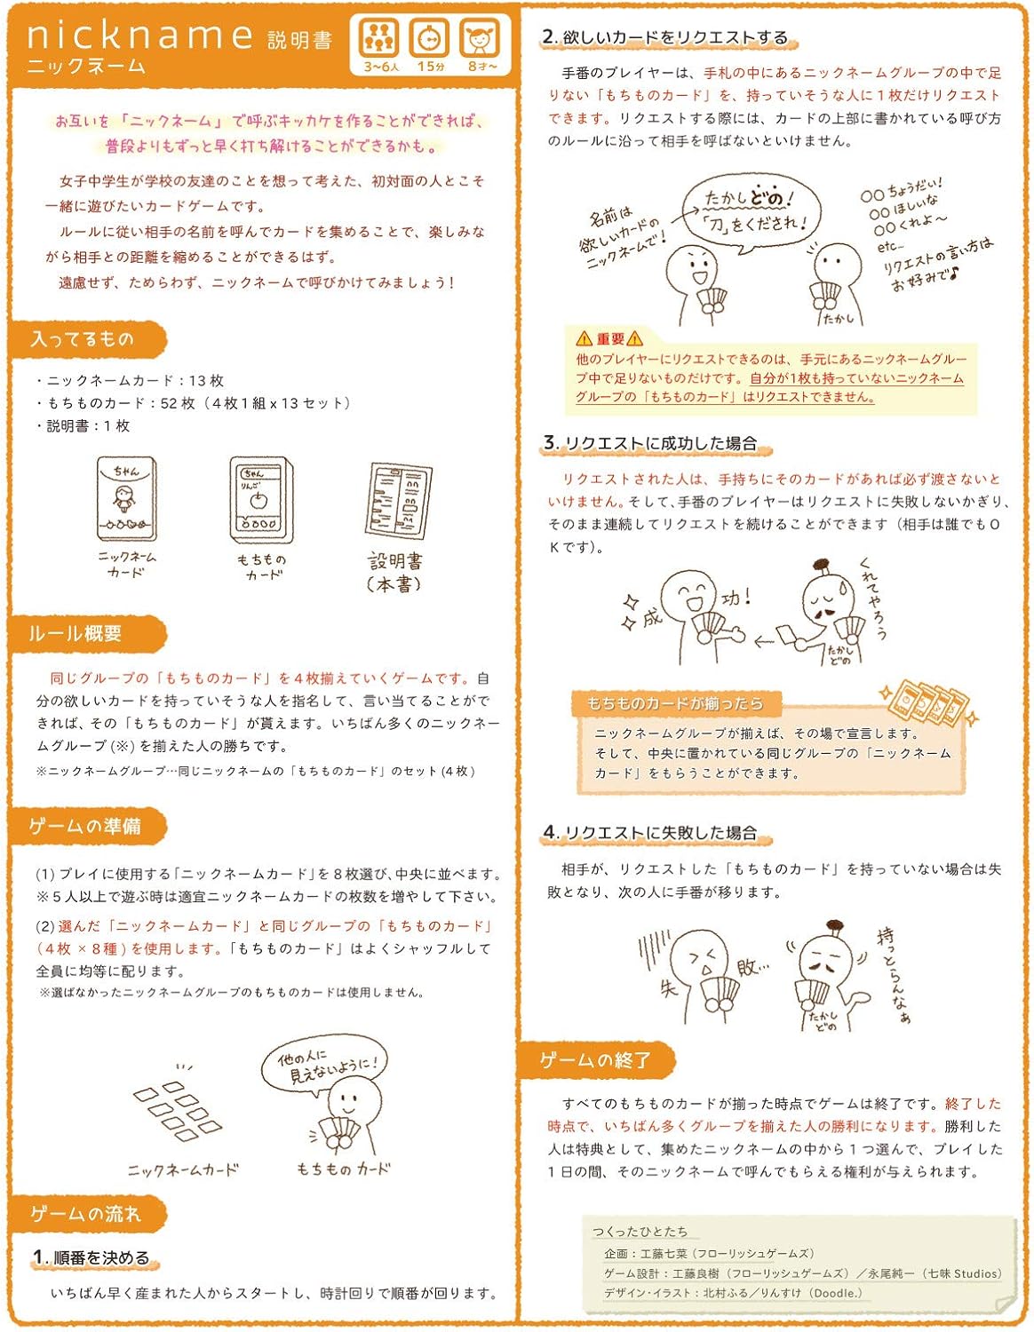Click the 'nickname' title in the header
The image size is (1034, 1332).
140,36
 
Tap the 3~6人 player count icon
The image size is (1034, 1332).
380,40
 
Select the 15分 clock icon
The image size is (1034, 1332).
430,40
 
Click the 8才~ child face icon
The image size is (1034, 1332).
481,40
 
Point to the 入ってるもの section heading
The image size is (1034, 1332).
83,339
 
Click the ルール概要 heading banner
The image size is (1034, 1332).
76,633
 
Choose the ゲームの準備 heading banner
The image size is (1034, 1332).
85,826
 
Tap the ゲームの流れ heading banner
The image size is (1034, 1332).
85,1213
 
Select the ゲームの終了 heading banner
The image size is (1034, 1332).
595,1059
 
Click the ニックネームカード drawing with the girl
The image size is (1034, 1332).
126,500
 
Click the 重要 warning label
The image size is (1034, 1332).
609,338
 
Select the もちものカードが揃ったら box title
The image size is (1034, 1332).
675,703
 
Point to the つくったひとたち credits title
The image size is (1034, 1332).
640,1232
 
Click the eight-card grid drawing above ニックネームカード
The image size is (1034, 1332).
176,1110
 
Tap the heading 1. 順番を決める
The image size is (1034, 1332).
92,1257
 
